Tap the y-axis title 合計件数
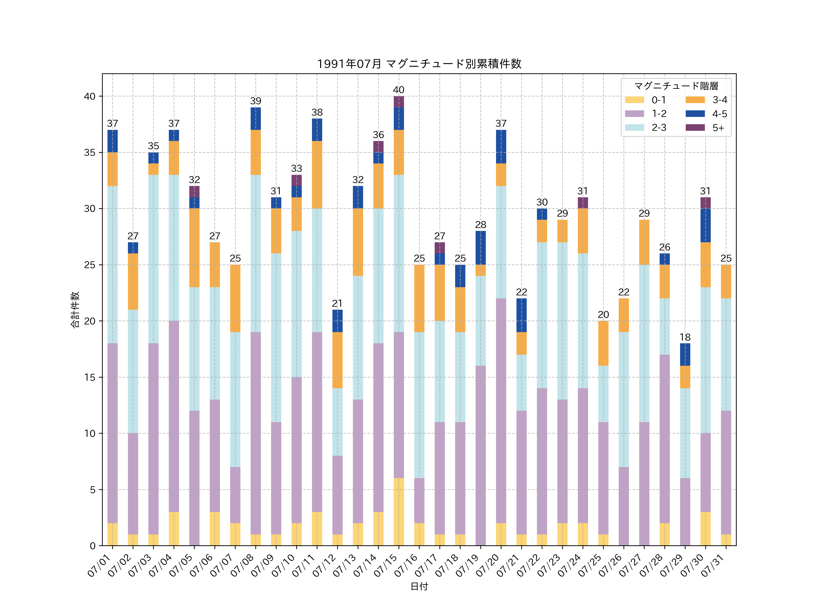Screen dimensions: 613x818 point(75,310)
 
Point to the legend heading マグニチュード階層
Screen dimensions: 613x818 point(676,86)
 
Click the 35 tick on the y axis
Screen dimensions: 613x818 point(90,153)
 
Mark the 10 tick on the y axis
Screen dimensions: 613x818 point(90,433)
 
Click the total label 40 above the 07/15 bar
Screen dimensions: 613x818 point(399,90)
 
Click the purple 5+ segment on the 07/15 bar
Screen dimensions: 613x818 point(399,102)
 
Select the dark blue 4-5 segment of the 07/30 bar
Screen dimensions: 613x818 point(705,225)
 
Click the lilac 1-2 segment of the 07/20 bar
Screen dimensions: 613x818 point(501,410)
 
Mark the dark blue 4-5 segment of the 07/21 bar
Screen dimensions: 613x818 point(521,315)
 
